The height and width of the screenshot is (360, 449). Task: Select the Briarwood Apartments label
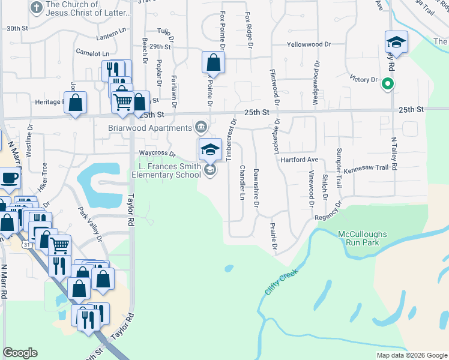(x=150, y=127)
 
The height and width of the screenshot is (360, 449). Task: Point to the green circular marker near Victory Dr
(x=388, y=85)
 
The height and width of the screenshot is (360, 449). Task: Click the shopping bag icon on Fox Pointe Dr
(x=214, y=62)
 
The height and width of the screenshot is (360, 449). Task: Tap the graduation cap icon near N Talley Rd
(x=396, y=43)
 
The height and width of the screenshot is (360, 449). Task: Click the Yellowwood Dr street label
(x=309, y=44)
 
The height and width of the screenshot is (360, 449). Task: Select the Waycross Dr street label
(x=157, y=154)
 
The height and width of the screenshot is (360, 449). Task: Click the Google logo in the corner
(x=20, y=353)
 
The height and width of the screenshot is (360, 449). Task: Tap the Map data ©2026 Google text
(x=412, y=355)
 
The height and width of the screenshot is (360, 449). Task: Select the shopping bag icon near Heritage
(x=75, y=103)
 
